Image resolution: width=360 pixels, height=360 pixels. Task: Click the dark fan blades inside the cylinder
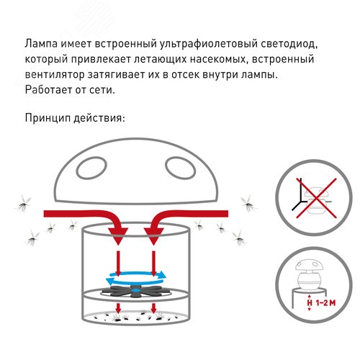137,292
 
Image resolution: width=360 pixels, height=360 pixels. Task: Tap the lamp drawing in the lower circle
308,277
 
